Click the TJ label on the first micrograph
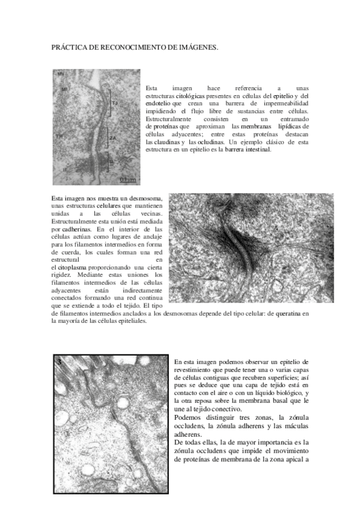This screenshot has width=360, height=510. coord(114,103)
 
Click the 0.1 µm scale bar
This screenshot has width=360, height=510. coord(128,179)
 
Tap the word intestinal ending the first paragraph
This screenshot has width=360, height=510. coord(257,150)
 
